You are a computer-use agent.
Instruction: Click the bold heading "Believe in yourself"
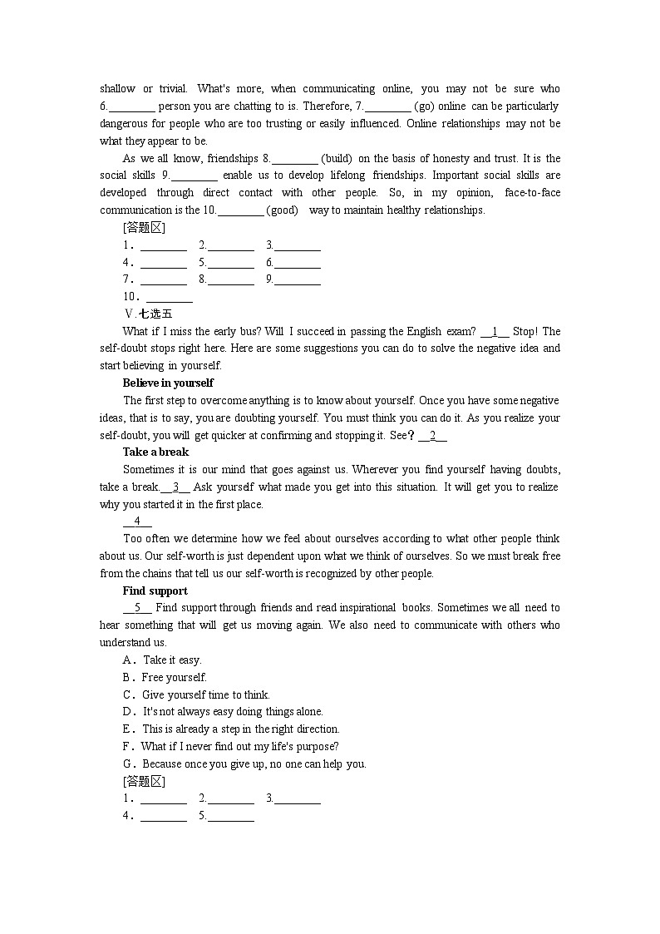168,383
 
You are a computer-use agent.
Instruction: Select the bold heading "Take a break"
155,452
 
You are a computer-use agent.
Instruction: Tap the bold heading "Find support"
155,591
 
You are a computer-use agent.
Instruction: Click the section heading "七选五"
155,314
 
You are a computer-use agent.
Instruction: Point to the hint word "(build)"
337,158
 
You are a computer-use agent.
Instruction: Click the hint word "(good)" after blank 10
283,210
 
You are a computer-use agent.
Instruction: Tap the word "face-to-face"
532,193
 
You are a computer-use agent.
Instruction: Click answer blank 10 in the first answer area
170,297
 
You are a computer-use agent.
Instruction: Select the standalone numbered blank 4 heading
137,521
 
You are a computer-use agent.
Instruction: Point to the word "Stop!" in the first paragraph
525,331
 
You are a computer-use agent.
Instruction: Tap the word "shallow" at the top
117,89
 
